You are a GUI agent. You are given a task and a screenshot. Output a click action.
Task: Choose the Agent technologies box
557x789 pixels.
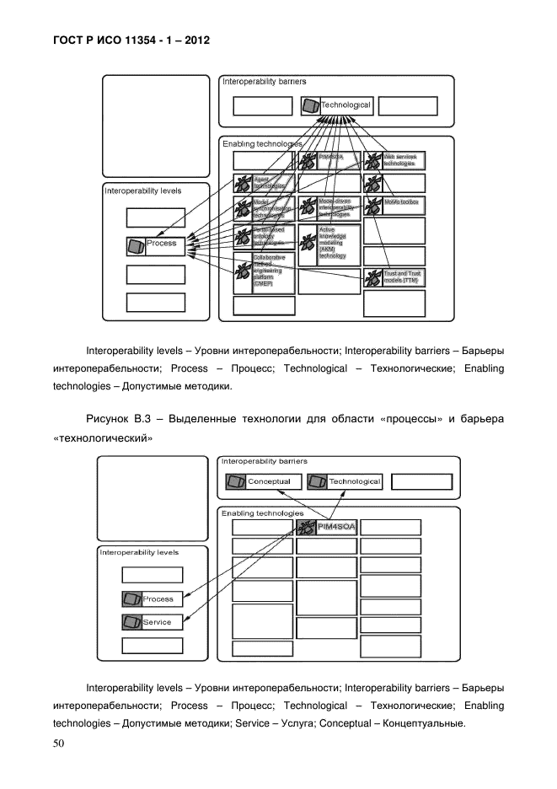coord(264,183)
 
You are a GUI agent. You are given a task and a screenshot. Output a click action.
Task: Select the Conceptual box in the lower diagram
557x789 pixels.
coord(261,482)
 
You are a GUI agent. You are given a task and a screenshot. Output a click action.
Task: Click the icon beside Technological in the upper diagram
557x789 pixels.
coord(311,106)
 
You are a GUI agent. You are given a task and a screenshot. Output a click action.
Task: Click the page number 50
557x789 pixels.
coord(59,743)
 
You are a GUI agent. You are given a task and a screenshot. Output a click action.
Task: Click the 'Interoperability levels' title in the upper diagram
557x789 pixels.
coord(142,191)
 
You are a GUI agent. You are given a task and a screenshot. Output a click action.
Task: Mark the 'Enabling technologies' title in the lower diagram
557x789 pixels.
coord(262,513)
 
